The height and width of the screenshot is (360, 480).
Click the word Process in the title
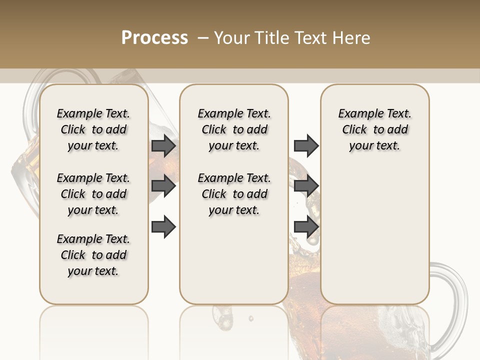(154, 38)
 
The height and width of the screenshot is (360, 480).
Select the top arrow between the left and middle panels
(163, 145)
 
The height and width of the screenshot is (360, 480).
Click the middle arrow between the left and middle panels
(163, 186)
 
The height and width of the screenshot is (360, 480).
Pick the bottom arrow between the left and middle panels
(163, 226)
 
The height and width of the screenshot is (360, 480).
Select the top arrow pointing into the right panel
(306, 145)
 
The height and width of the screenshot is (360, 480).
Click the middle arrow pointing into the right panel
(306, 186)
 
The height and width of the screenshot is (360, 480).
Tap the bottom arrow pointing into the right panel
(306, 226)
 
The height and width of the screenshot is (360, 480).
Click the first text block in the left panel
(93, 129)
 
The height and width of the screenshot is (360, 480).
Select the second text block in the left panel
(93, 194)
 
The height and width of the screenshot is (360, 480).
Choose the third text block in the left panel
(93, 255)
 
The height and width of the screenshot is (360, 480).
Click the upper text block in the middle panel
(234, 129)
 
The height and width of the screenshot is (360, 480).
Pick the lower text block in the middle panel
(234, 194)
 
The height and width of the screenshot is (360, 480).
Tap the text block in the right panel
(374, 129)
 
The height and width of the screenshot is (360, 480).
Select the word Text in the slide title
(311, 38)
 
